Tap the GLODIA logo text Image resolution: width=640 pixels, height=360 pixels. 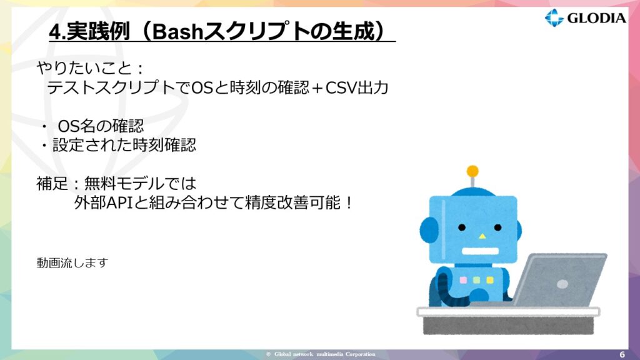597,18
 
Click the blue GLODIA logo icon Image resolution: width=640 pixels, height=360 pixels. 554,17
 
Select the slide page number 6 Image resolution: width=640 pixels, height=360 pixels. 622,354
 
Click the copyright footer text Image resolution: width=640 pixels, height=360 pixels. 321,354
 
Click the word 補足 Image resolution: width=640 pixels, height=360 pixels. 52,183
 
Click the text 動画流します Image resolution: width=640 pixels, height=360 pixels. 72,262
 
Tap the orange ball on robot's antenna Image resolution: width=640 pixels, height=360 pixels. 472,171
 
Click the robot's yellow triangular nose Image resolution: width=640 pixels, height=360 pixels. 482,236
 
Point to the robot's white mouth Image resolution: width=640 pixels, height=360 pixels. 480,251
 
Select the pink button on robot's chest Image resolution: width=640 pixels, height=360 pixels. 463,280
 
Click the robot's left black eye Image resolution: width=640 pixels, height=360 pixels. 462,227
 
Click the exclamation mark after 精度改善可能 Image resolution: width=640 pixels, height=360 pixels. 349,203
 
